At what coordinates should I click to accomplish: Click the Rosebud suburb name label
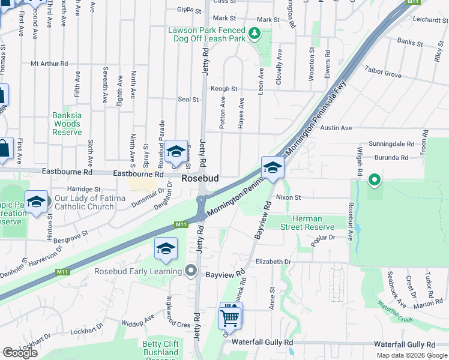[x=200, y=179]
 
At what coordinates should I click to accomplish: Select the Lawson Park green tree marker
[x=254, y=34]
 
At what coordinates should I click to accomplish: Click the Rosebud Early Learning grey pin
[x=191, y=271]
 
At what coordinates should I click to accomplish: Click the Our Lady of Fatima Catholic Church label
[x=90, y=202]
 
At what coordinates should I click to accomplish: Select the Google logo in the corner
[x=20, y=353]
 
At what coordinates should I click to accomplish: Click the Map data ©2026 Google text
[x=411, y=355]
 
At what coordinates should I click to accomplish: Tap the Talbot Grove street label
[x=382, y=74]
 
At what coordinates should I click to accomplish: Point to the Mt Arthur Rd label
[x=49, y=64]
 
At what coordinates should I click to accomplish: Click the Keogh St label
[x=224, y=89]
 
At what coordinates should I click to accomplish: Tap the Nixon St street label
[x=288, y=197]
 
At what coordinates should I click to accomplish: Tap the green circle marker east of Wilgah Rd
[x=375, y=179]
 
